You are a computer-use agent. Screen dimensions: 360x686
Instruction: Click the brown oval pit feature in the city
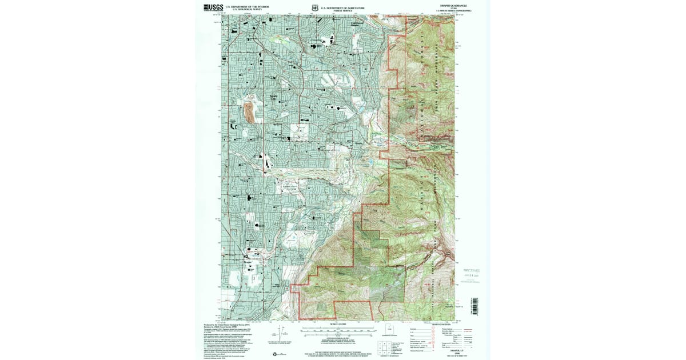pyautogui.click(x=249, y=113)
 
